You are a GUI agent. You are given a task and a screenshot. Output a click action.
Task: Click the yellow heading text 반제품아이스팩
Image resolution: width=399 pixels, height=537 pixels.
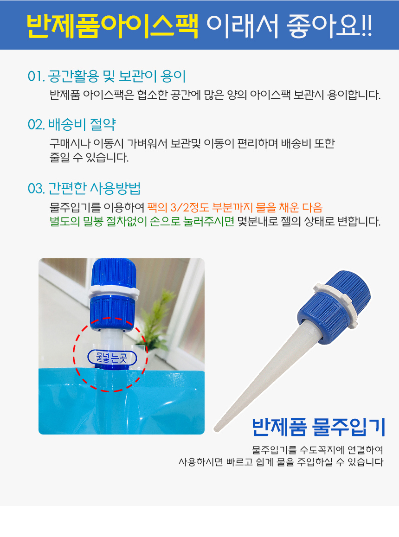(x=112, y=26)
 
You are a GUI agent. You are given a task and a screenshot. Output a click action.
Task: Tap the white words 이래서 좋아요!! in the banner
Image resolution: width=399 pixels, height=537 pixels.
(x=290, y=26)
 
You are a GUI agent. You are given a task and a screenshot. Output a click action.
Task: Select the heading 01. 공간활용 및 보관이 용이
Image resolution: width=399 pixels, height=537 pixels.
(x=107, y=76)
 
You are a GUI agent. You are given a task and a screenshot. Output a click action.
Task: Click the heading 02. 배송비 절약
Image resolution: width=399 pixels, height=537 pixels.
(x=71, y=124)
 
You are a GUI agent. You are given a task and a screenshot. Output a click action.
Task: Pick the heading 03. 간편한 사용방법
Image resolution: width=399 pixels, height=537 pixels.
(x=84, y=188)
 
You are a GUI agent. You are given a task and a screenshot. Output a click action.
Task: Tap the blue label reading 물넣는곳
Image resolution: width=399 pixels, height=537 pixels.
(x=112, y=358)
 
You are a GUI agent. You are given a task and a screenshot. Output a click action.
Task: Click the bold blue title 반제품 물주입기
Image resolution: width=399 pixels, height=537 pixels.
(x=319, y=427)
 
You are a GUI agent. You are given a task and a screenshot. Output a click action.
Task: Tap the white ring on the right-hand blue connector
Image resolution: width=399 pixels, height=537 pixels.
(x=336, y=304)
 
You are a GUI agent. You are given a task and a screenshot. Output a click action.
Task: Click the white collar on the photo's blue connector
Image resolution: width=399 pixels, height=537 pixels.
(x=114, y=292)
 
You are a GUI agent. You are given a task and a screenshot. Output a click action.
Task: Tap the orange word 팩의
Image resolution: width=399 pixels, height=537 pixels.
(x=157, y=208)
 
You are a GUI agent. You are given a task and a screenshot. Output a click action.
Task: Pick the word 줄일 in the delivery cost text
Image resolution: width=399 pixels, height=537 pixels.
(x=60, y=158)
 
